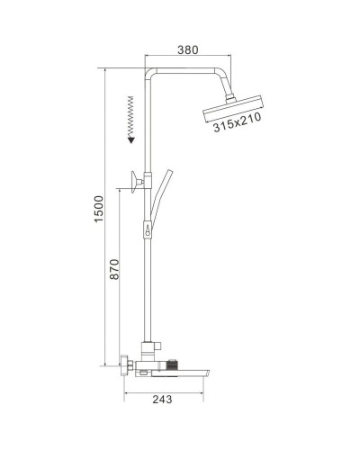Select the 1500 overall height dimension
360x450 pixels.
pyautogui.click(x=100, y=212)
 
